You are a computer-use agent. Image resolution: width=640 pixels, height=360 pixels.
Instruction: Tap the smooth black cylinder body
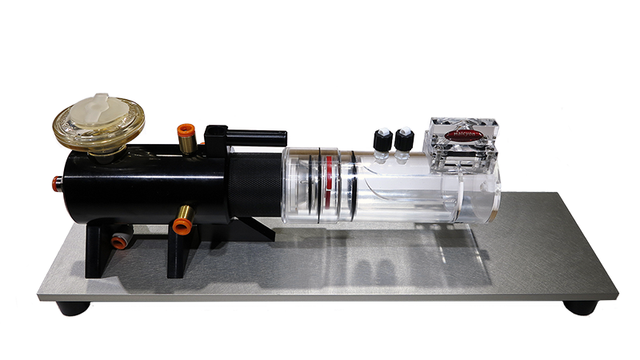coord(144,184)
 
